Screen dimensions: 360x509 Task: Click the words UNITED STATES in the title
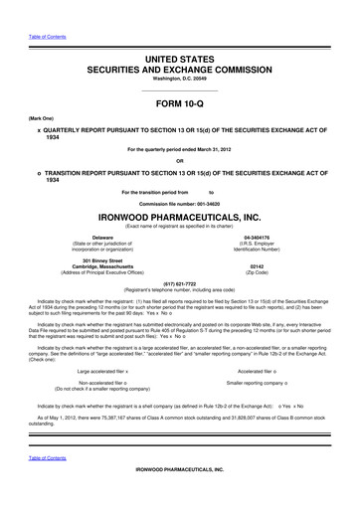pos(180,34)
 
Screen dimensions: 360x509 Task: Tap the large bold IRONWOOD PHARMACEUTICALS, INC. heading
pos(180,213)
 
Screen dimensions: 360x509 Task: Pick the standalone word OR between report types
pos(180,162)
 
